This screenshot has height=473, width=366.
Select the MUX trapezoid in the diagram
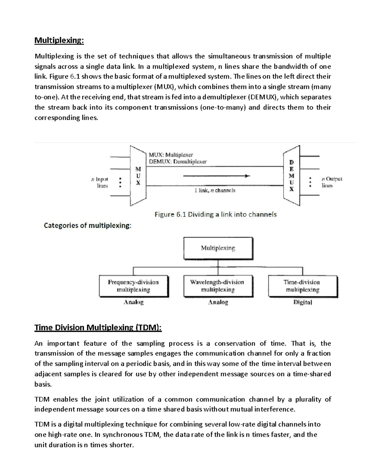tap(138, 176)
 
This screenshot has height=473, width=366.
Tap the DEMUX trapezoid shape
tap(292, 176)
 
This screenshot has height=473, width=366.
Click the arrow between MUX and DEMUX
tap(216, 176)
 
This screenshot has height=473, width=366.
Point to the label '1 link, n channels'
tap(215, 190)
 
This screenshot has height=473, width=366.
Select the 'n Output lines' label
tap(332, 182)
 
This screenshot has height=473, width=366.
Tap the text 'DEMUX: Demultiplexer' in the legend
tap(178, 162)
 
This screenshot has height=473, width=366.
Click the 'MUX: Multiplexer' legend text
tap(171, 155)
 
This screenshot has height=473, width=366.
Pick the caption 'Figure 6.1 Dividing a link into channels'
tap(215, 214)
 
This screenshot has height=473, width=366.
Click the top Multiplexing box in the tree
tap(218, 248)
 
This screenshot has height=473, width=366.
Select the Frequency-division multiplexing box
tap(133, 286)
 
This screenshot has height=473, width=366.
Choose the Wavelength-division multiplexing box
tap(217, 286)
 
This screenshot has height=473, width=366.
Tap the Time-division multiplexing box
tap(302, 286)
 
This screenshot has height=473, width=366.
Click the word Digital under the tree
tap(303, 302)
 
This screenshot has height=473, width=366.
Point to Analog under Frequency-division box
tap(133, 302)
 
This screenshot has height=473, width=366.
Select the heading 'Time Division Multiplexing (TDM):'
tap(98, 328)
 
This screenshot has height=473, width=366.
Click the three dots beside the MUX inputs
tap(120, 182)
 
